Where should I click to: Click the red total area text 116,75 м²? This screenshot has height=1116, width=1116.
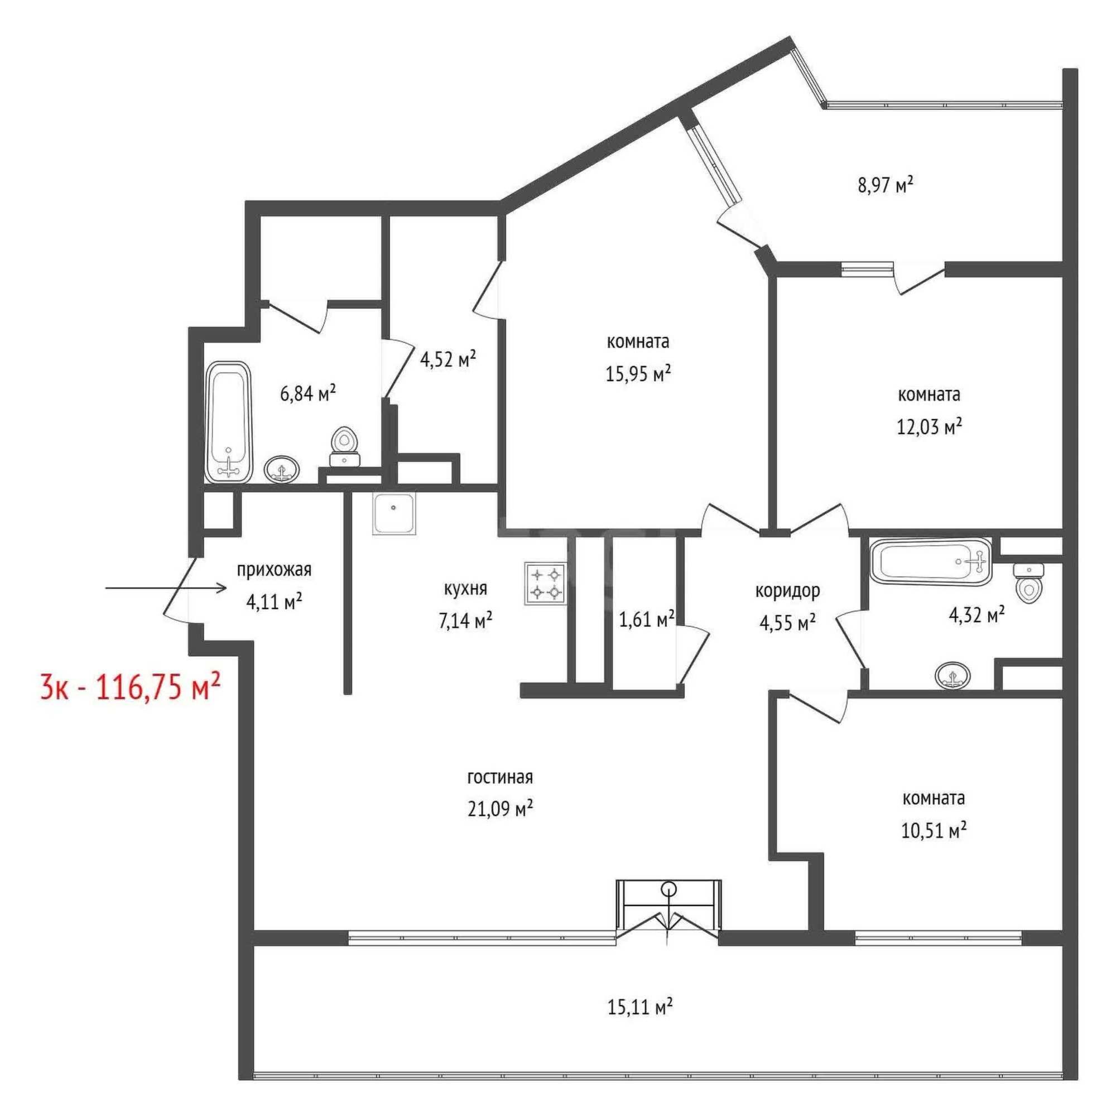[x=158, y=687]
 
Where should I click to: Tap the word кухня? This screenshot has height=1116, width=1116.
[x=465, y=589]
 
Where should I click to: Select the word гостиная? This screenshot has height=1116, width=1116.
[x=499, y=777]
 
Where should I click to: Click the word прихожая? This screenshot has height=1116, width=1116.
[x=275, y=570]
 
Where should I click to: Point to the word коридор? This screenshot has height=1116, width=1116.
[x=788, y=590]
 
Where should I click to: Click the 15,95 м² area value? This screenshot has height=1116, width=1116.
[x=638, y=374]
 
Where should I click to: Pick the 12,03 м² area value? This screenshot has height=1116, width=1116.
[x=930, y=427]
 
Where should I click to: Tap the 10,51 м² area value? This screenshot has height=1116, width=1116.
[x=934, y=831]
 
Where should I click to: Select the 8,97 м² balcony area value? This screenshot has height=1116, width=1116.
[x=886, y=186]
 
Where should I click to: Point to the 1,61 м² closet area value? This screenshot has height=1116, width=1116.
[x=647, y=619]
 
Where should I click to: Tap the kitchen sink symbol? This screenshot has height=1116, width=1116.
[x=394, y=514]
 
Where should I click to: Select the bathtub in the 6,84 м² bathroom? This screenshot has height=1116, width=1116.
[x=229, y=422]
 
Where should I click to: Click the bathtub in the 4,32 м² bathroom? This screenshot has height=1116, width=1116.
[x=931, y=561]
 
